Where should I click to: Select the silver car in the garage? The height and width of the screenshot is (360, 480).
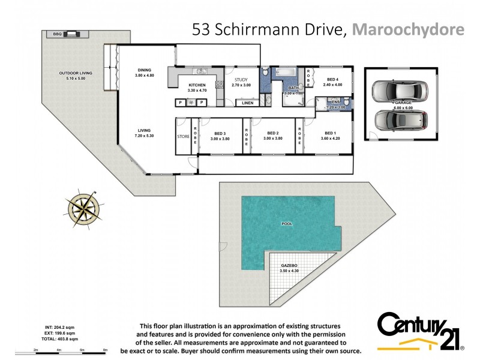coord(399,91)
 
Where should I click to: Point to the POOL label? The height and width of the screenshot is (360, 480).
coord(287,224)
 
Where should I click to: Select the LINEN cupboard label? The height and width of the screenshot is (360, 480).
coord(247,103)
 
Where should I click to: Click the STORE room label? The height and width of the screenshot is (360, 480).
coord(183,136)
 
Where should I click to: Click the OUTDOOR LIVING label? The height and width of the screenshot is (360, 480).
coord(73,73)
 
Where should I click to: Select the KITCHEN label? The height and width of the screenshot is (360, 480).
coord(197,85)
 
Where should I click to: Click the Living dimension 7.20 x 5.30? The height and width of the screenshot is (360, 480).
coord(144,136)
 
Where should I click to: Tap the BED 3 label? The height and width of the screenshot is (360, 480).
coord(220,133)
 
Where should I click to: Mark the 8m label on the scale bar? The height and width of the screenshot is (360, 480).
coord(105,349)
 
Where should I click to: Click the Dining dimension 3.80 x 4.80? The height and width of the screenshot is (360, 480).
coord(144,75)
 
